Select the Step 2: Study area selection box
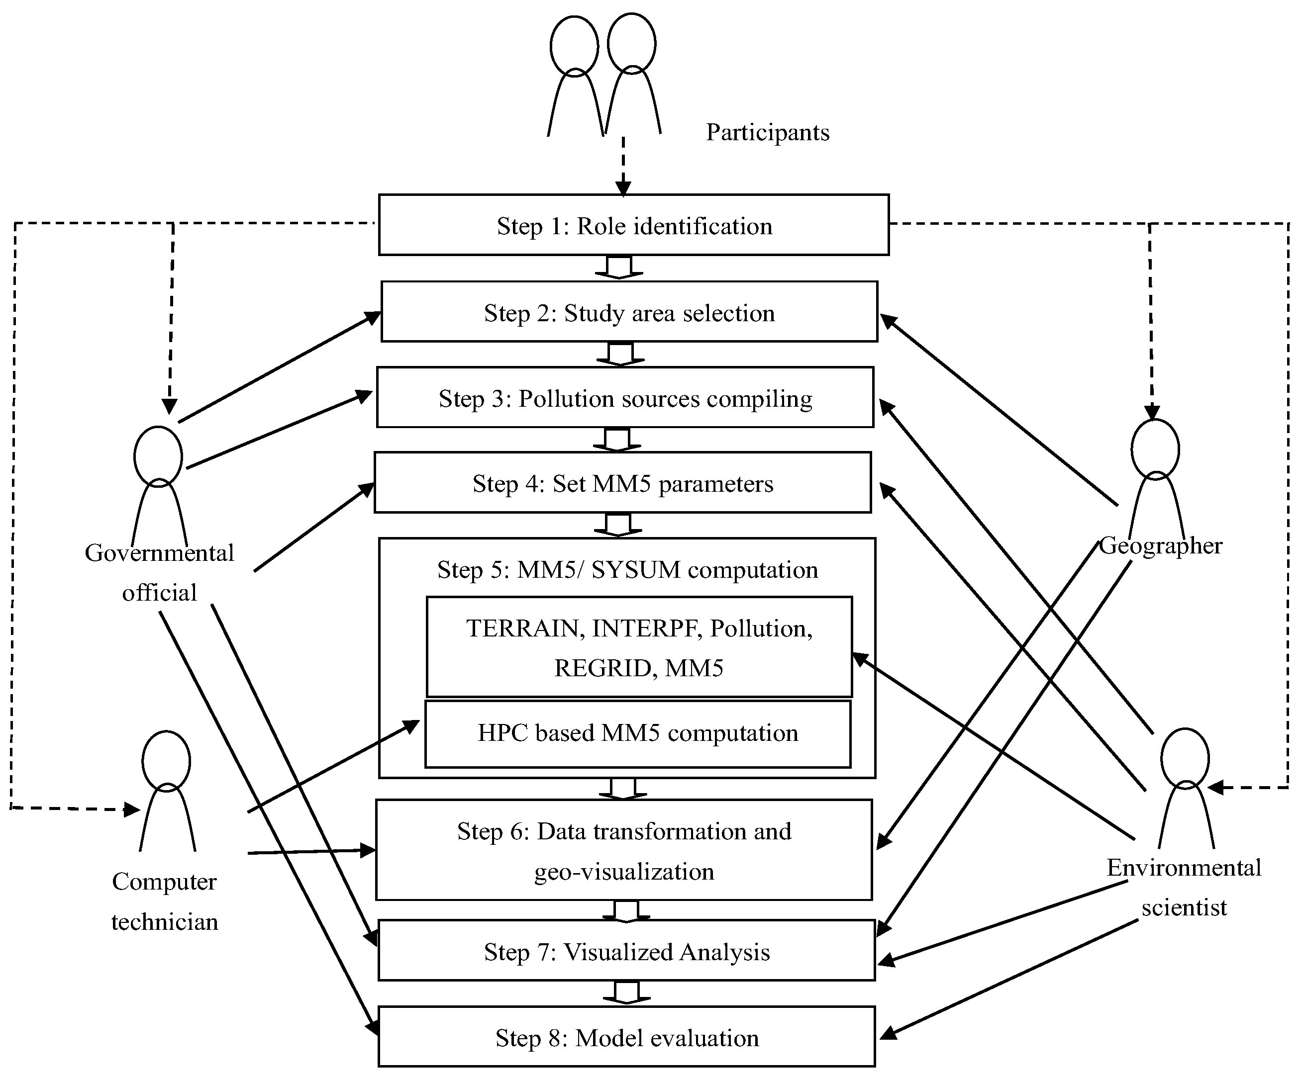(x=629, y=312)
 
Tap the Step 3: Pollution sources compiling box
(x=625, y=398)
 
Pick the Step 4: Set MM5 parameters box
(x=622, y=483)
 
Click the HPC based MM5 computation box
(x=637, y=734)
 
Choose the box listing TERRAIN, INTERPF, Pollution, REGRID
(x=639, y=647)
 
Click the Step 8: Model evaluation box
(x=627, y=1037)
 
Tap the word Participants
(x=768, y=132)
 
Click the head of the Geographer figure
(x=1155, y=449)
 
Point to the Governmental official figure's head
(x=158, y=456)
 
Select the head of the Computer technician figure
(x=166, y=762)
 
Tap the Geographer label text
(x=1160, y=546)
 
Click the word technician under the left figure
(x=164, y=922)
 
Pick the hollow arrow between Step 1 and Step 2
(x=618, y=268)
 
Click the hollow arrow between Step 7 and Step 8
(x=627, y=991)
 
